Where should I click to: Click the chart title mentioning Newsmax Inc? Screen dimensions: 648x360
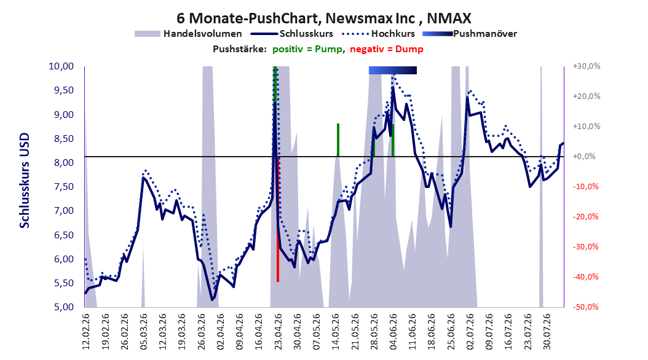(x=323, y=18)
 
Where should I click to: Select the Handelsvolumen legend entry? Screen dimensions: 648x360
(x=188, y=34)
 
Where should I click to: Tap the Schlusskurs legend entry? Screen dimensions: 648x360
(x=292, y=34)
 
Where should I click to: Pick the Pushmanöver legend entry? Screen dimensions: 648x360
(x=470, y=34)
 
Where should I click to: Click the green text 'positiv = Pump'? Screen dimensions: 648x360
(x=307, y=49)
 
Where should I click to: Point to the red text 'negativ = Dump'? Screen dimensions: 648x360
(x=387, y=49)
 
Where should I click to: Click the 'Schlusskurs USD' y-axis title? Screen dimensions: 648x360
(x=25, y=181)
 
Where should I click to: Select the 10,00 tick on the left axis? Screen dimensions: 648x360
(x=61, y=66)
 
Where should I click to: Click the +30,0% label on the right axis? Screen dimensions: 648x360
(x=587, y=66)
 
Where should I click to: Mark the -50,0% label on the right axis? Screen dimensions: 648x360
(x=585, y=307)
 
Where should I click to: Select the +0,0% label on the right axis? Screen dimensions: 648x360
(x=584, y=157)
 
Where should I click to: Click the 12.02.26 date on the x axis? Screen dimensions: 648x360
(x=86, y=332)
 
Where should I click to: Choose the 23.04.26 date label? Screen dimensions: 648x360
(x=278, y=332)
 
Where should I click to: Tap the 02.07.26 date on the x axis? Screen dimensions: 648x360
(x=470, y=332)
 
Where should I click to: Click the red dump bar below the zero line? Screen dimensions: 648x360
(x=278, y=219)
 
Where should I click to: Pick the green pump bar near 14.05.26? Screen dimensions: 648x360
(x=338, y=140)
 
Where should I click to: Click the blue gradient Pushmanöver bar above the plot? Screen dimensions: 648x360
(x=393, y=70)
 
